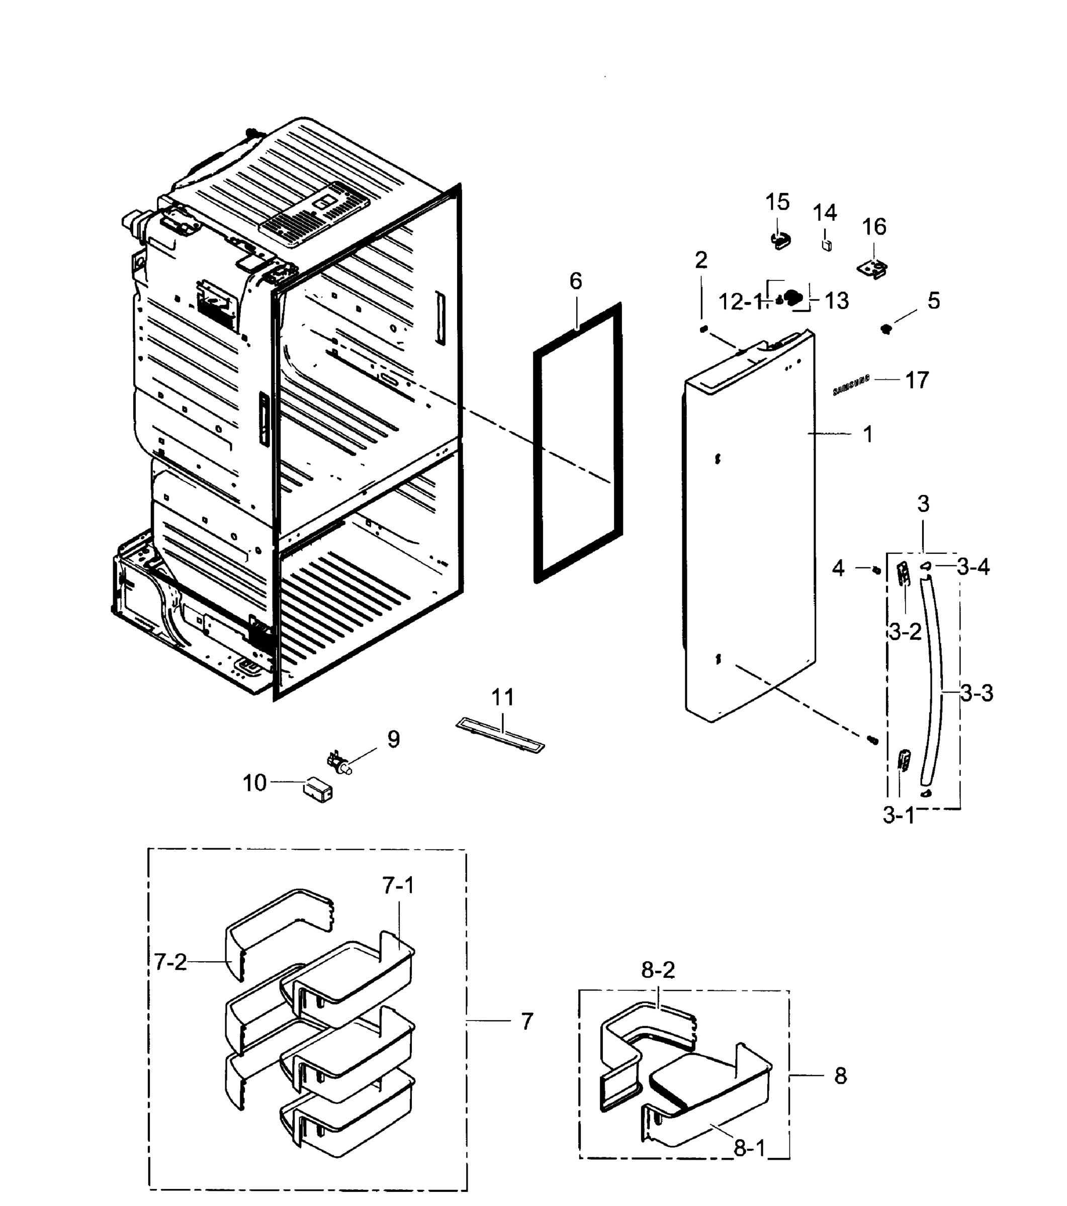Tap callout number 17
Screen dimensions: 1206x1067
click(917, 380)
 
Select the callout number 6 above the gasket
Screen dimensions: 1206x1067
click(576, 281)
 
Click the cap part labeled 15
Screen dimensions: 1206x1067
click(780, 241)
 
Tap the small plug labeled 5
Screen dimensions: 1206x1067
click(885, 329)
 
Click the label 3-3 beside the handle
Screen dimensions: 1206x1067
click(976, 693)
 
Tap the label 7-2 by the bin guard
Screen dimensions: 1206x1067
click(170, 962)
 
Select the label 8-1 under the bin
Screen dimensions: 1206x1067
click(749, 1148)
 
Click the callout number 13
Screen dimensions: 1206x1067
click(837, 301)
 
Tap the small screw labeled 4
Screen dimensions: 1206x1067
click(877, 570)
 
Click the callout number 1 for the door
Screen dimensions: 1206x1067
click(867, 435)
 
